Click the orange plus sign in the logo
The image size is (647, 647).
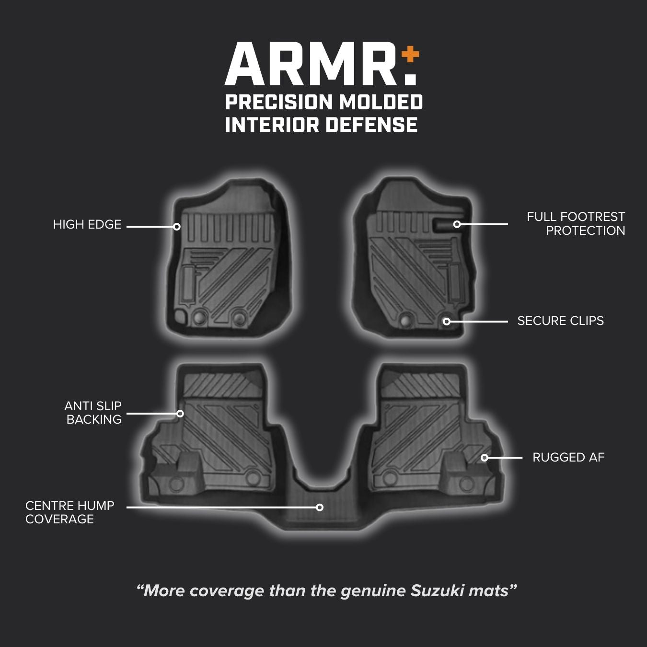click(x=410, y=55)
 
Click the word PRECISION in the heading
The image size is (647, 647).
click(x=279, y=102)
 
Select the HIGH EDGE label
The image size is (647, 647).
click(x=87, y=225)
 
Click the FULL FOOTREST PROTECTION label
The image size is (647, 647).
click(x=576, y=224)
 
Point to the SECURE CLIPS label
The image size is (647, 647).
click(x=560, y=321)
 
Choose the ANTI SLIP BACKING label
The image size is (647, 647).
click(x=93, y=413)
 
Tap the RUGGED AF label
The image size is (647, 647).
click(x=568, y=458)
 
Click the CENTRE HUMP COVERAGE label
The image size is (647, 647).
click(x=70, y=512)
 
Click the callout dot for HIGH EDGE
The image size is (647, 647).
click(x=177, y=227)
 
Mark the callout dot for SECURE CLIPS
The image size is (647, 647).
click(x=447, y=322)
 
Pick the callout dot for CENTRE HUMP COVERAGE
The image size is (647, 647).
click(x=320, y=507)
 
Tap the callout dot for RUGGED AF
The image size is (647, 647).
click(x=485, y=458)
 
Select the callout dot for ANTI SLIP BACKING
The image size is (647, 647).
click(x=180, y=413)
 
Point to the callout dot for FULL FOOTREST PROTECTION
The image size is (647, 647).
click(x=457, y=224)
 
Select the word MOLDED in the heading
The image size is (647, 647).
click(x=381, y=102)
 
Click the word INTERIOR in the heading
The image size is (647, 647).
click(x=272, y=125)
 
